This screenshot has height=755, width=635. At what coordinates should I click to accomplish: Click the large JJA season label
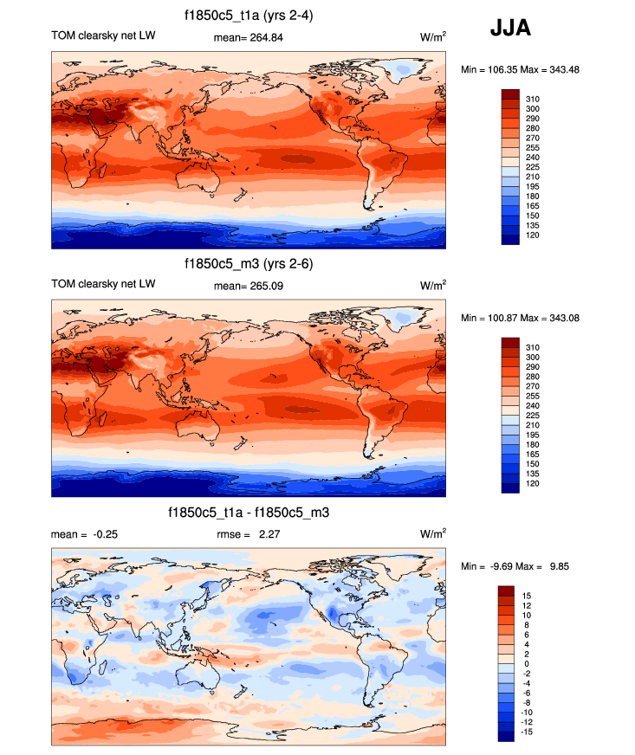(x=511, y=29)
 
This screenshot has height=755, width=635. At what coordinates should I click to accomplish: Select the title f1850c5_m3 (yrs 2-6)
(x=248, y=264)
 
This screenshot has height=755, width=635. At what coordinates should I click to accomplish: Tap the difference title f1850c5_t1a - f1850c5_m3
(x=248, y=513)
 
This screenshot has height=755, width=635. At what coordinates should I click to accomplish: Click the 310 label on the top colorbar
(x=533, y=100)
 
